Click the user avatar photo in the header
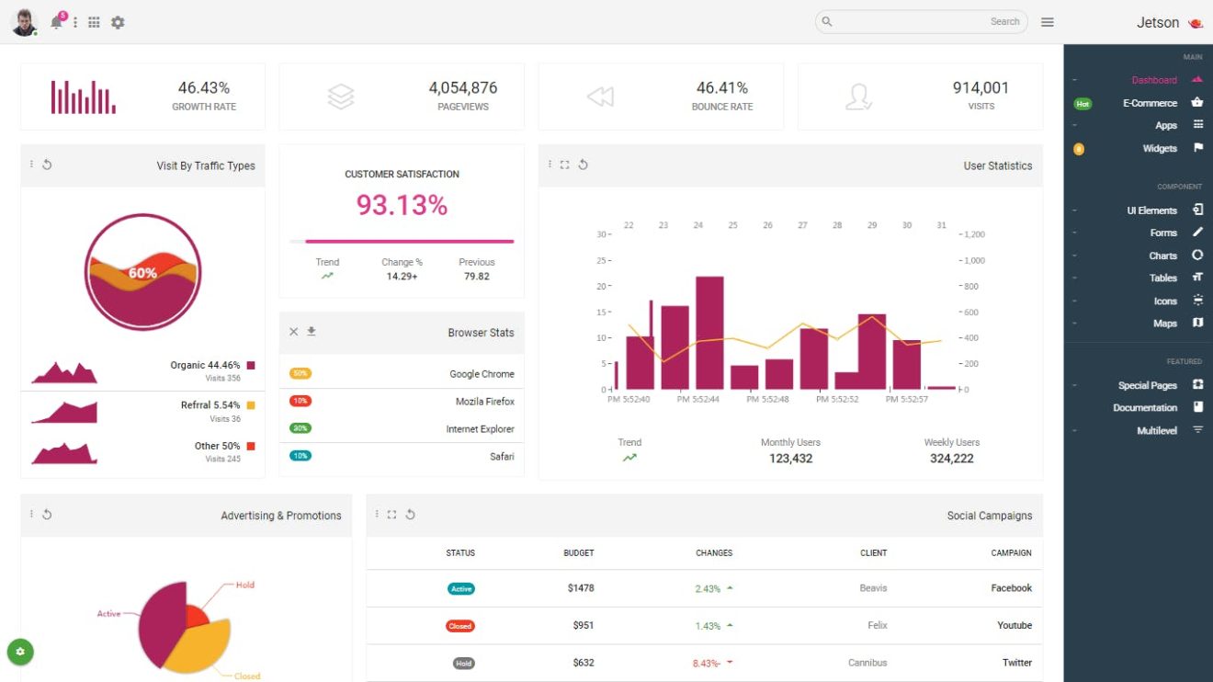(x=24, y=22)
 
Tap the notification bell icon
(x=57, y=23)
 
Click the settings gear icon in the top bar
(x=118, y=22)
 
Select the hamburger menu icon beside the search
(x=1048, y=22)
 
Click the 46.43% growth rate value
(x=204, y=88)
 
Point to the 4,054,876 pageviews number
(x=463, y=88)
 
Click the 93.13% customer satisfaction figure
(x=402, y=205)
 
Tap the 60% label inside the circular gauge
(x=142, y=273)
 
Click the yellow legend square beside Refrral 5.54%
(x=251, y=405)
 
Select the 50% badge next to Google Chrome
(x=300, y=373)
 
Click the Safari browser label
(x=502, y=457)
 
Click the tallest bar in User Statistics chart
(x=710, y=332)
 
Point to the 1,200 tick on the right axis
(x=974, y=234)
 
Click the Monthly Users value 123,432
(x=790, y=459)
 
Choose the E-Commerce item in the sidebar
(x=1150, y=103)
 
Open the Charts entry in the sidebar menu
(x=1162, y=256)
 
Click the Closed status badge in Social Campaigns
(x=460, y=626)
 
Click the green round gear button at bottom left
(x=20, y=652)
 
